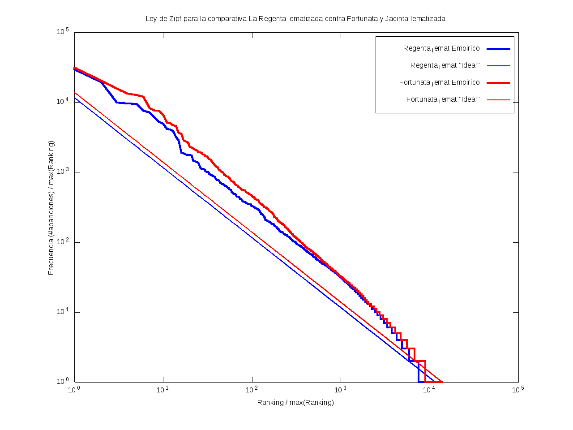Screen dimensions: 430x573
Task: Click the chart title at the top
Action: [x=295, y=19]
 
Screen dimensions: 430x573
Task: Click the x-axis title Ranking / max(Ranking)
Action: [x=295, y=402]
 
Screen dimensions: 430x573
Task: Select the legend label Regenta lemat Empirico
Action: [x=441, y=48]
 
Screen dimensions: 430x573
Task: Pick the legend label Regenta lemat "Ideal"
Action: [x=445, y=65]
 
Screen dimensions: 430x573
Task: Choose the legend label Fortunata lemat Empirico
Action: [x=439, y=82]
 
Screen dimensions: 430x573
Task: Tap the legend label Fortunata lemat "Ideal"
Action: [x=443, y=99]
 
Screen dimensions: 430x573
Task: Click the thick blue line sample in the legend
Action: [x=498, y=48]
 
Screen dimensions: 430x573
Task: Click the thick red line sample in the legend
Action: [x=498, y=82]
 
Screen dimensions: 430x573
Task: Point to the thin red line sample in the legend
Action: [x=498, y=99]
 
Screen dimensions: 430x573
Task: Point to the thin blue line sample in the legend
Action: [x=498, y=65]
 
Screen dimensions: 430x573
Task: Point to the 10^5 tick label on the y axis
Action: [x=62, y=32]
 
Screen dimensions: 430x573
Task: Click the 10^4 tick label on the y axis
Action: [x=62, y=102]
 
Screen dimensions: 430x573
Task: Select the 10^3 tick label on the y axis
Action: [x=62, y=172]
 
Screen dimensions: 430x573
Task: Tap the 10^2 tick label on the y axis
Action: [x=62, y=242]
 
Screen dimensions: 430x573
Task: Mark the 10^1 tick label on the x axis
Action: [x=163, y=390]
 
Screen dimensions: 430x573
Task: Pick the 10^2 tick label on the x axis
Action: [x=252, y=390]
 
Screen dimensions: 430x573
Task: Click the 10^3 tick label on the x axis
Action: [x=341, y=390]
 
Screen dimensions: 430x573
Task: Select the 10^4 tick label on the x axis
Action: [x=429, y=390]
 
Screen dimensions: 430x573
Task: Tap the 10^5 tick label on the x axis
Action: [x=518, y=390]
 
